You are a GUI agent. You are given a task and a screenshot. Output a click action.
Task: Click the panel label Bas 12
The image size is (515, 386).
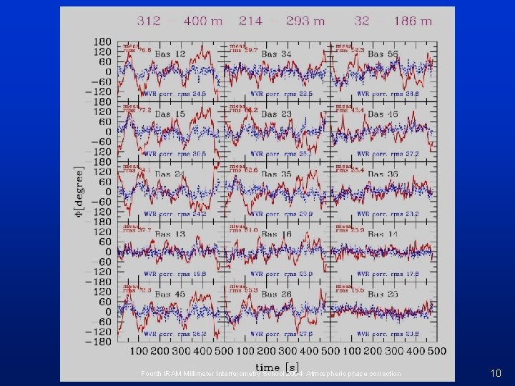click(170, 54)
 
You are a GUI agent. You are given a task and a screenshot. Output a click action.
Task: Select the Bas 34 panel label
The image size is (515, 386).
click(277, 54)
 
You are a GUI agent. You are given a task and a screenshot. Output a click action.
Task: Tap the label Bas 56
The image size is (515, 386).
click(383, 54)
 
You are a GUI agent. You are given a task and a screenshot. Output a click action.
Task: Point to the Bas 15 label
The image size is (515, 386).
click(170, 114)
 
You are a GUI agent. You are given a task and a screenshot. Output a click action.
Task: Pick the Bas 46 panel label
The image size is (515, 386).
click(383, 114)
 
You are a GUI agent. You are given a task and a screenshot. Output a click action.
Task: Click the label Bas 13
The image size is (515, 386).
click(170, 234)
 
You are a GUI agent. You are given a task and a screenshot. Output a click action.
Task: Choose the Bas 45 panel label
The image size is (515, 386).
click(170, 295)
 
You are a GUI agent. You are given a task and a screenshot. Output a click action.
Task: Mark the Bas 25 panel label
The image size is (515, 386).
click(383, 295)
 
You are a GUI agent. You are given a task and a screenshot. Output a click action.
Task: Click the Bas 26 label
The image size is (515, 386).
click(277, 295)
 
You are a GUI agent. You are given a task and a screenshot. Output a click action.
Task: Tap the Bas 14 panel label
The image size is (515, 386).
click(383, 234)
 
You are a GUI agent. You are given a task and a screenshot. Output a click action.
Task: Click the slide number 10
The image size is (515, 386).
click(496, 373)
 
